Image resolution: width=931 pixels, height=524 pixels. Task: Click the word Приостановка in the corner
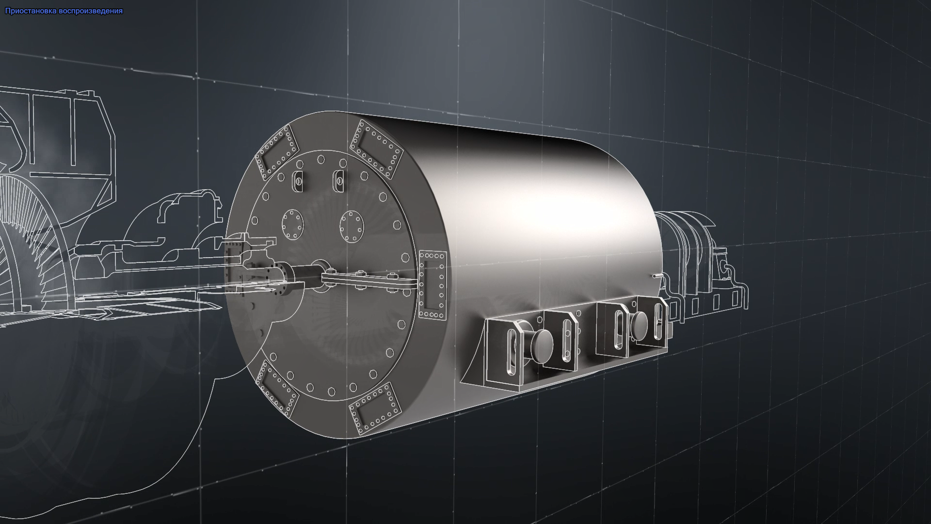pyautogui.click(x=31, y=11)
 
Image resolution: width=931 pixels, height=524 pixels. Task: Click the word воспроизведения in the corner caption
pyautogui.click(x=91, y=11)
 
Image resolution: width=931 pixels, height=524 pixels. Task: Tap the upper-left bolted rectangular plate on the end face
pyautogui.click(x=275, y=152)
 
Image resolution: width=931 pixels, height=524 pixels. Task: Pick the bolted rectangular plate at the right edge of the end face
pyautogui.click(x=432, y=285)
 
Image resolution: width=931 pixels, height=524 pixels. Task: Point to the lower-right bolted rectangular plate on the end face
pyautogui.click(x=376, y=408)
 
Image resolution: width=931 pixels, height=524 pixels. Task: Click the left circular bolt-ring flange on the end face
pyautogui.click(x=292, y=225)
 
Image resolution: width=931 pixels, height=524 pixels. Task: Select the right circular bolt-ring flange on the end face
pyautogui.click(x=352, y=227)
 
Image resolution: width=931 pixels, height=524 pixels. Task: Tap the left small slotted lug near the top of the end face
pyautogui.click(x=298, y=181)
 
